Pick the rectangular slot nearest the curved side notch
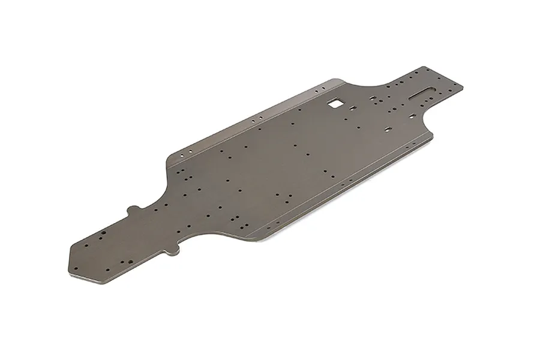click(x=388, y=128)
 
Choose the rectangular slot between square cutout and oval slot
click(x=373, y=97)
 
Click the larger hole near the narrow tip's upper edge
click(x=101, y=232)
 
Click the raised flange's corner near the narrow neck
click(x=170, y=157)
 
